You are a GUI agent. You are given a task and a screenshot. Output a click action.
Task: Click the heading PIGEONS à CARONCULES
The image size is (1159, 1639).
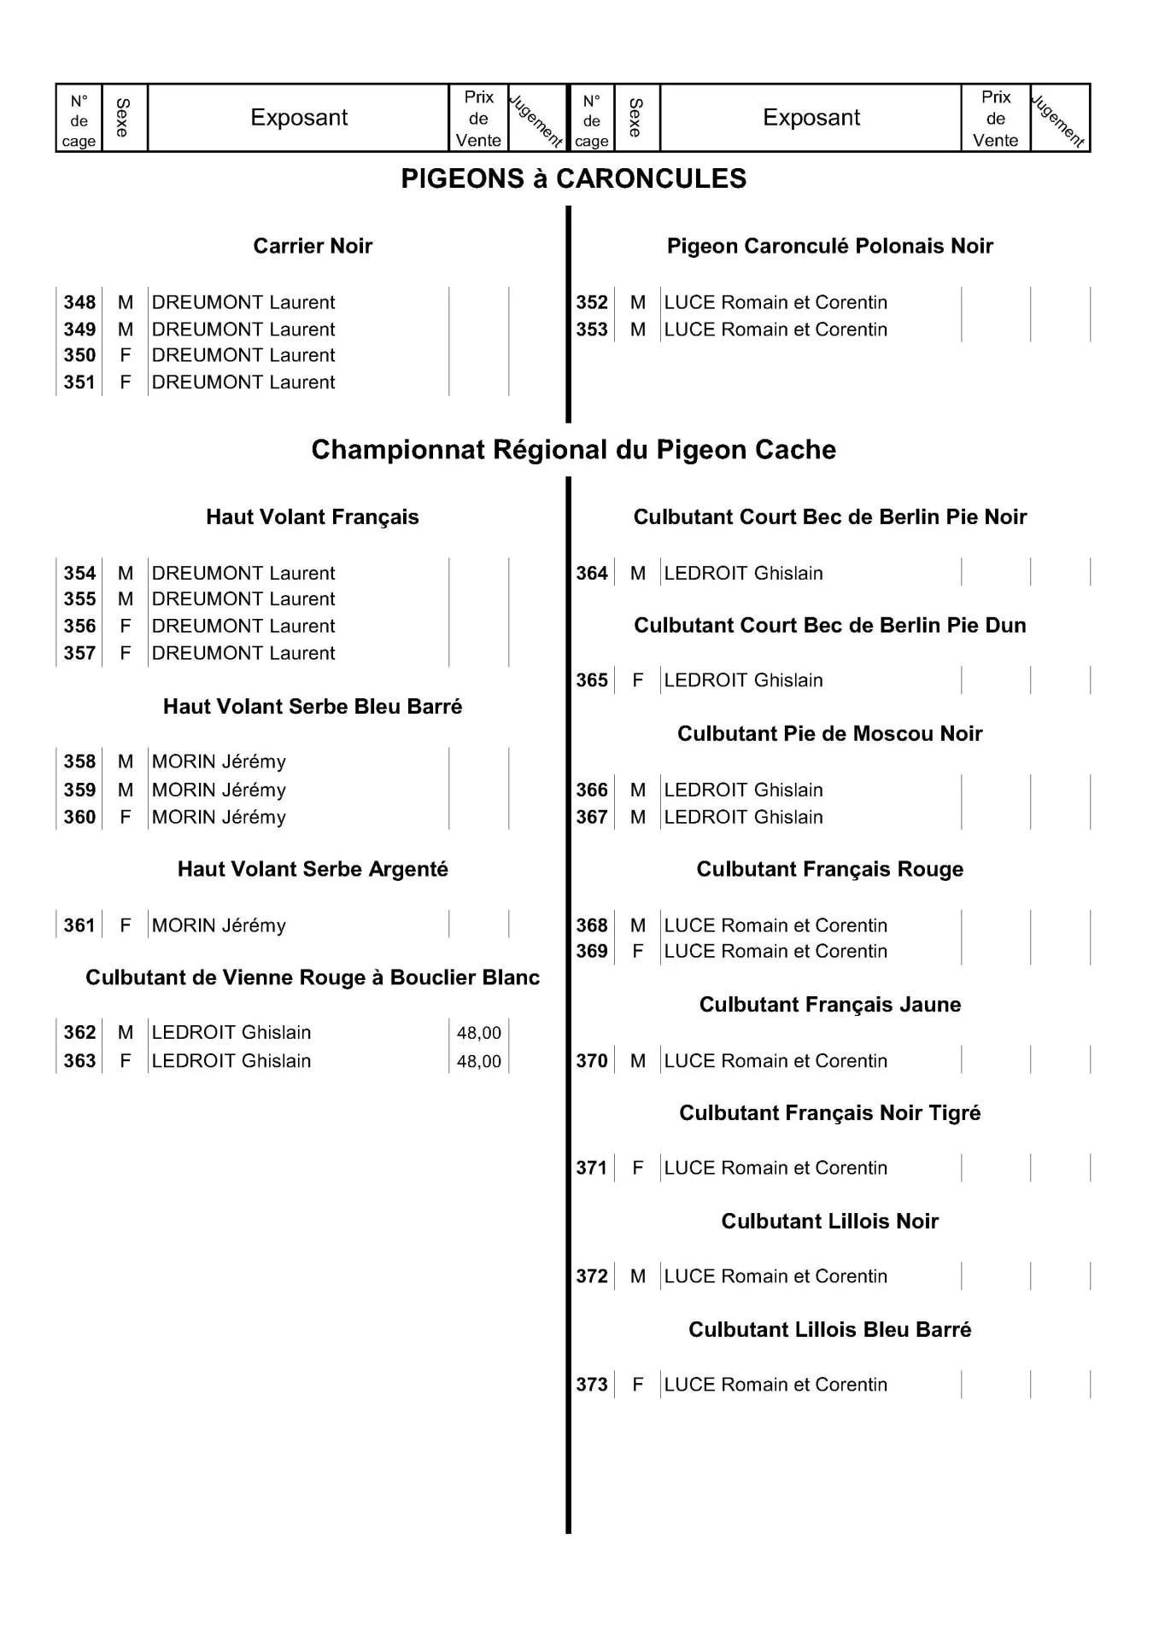(x=573, y=178)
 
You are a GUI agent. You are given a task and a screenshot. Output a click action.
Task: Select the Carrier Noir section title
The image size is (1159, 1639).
(x=313, y=246)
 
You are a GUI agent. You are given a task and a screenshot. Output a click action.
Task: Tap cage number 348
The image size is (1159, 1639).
(x=79, y=302)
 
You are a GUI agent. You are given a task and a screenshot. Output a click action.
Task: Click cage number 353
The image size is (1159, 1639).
(x=591, y=330)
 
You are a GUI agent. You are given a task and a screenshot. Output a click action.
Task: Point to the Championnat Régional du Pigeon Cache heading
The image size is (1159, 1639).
(x=573, y=450)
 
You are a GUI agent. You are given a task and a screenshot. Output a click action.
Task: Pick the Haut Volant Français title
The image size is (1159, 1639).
(x=313, y=516)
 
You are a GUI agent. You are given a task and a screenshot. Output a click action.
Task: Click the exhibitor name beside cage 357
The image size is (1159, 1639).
(x=243, y=653)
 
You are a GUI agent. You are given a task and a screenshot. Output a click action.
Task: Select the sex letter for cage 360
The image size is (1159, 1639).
(x=126, y=817)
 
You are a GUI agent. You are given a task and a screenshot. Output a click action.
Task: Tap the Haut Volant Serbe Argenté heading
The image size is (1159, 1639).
(x=313, y=869)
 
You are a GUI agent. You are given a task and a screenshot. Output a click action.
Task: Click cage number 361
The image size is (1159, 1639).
(x=79, y=925)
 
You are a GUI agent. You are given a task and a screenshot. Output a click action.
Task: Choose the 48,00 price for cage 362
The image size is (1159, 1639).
(x=478, y=1033)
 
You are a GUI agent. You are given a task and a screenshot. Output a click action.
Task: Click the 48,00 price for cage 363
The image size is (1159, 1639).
(x=478, y=1061)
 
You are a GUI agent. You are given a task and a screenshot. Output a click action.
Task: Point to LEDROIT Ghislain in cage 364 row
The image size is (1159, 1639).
(x=743, y=574)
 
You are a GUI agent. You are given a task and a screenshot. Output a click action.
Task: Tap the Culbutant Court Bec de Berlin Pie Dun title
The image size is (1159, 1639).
(x=829, y=626)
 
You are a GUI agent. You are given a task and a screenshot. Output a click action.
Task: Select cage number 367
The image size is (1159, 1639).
(x=591, y=817)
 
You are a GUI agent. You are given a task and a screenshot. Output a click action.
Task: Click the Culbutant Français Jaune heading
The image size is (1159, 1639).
(x=829, y=1005)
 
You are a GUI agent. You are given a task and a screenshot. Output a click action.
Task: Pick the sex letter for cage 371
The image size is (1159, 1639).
(x=637, y=1168)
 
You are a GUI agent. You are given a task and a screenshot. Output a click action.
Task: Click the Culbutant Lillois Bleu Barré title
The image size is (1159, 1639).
(x=829, y=1330)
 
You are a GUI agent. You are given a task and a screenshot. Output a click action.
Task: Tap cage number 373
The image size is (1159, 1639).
(x=591, y=1385)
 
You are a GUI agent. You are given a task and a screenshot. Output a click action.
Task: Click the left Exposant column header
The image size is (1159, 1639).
(x=299, y=118)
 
